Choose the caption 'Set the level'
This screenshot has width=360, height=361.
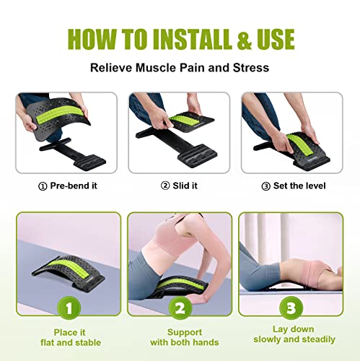[296, 186]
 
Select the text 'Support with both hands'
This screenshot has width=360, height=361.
[180, 336]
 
